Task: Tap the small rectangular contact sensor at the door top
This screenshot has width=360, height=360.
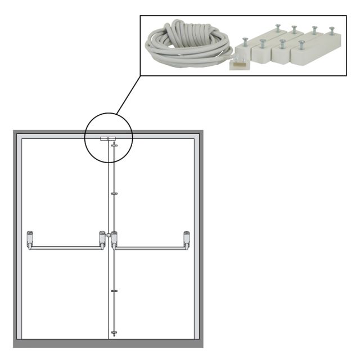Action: [x=107, y=138]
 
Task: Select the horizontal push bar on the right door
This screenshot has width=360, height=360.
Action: [x=151, y=247]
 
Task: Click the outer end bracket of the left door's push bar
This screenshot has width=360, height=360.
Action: [x=30, y=238]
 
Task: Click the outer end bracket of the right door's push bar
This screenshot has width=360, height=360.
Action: [x=186, y=238]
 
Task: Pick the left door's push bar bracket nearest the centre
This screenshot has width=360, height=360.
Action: [x=102, y=238]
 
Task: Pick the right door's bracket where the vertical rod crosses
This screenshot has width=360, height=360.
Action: [x=114, y=238]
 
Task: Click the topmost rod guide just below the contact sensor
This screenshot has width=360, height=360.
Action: [x=114, y=145]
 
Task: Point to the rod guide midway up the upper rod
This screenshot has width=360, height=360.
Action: [x=114, y=193]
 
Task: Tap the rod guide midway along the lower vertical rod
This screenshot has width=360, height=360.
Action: [x=114, y=291]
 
